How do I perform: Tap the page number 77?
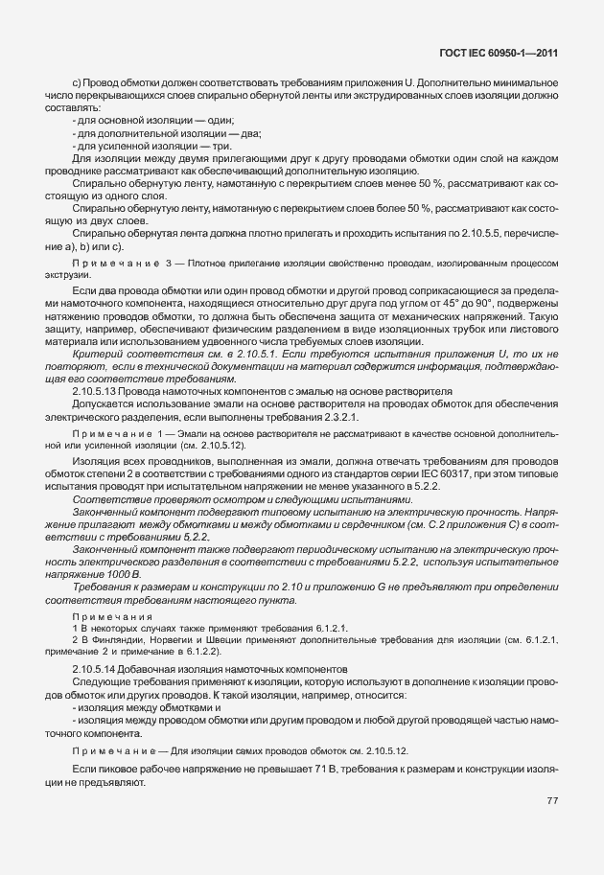tap(552, 800)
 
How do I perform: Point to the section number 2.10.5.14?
tap(99, 667)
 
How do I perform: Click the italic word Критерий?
tap(97, 355)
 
